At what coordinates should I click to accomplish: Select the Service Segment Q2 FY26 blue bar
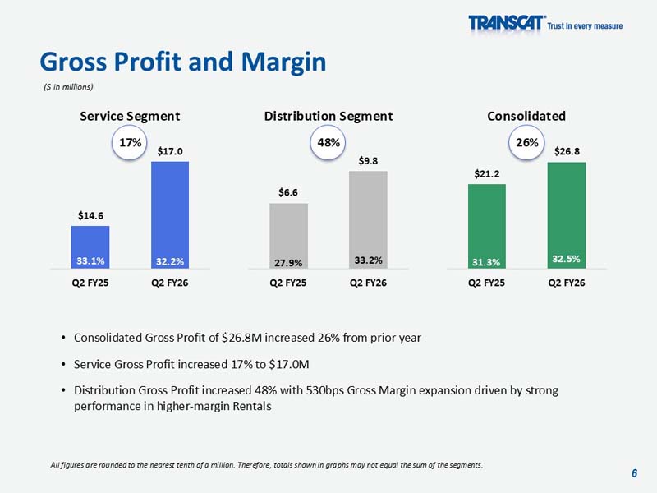coord(170,214)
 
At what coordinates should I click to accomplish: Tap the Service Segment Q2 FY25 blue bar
coord(90,246)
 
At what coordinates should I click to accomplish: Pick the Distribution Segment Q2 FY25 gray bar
coord(289,235)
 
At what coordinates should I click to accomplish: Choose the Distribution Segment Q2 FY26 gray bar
coord(368,219)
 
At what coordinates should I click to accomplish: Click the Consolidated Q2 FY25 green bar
coord(486,226)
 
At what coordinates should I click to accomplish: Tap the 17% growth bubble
coord(130,143)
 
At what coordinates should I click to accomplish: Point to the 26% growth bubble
coord(526,143)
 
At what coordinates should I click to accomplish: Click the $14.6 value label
coord(90,215)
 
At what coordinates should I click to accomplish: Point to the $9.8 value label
coord(368,160)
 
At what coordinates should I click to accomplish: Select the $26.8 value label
coord(567,151)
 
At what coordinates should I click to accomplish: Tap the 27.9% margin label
coord(289,263)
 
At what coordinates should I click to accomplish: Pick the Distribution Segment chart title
coord(328,116)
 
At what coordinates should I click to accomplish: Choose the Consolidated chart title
coord(526,116)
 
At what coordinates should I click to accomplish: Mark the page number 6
coord(634,472)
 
